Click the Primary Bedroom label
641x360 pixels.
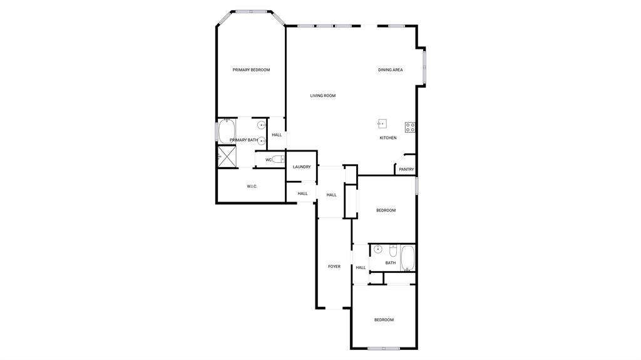(x=251, y=70)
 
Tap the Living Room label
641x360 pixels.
(x=323, y=96)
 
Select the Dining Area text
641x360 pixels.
(x=390, y=70)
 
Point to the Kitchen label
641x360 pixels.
(x=388, y=138)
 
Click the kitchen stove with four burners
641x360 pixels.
(x=410, y=127)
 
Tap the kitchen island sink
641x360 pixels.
(x=382, y=123)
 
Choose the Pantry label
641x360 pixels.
(x=406, y=169)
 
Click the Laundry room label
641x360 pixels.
(x=302, y=167)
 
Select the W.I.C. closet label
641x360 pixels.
(x=252, y=187)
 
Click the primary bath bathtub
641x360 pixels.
(x=225, y=131)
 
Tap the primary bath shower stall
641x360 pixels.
(x=226, y=157)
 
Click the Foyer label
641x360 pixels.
(x=334, y=267)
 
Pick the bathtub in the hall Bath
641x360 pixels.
(x=408, y=257)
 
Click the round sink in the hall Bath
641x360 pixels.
(x=378, y=249)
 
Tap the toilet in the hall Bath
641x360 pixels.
(x=393, y=250)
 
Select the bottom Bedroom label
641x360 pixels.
(x=384, y=320)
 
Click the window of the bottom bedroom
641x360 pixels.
(x=384, y=348)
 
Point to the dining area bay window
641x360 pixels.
(x=424, y=67)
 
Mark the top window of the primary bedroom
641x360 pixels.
(x=251, y=11)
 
